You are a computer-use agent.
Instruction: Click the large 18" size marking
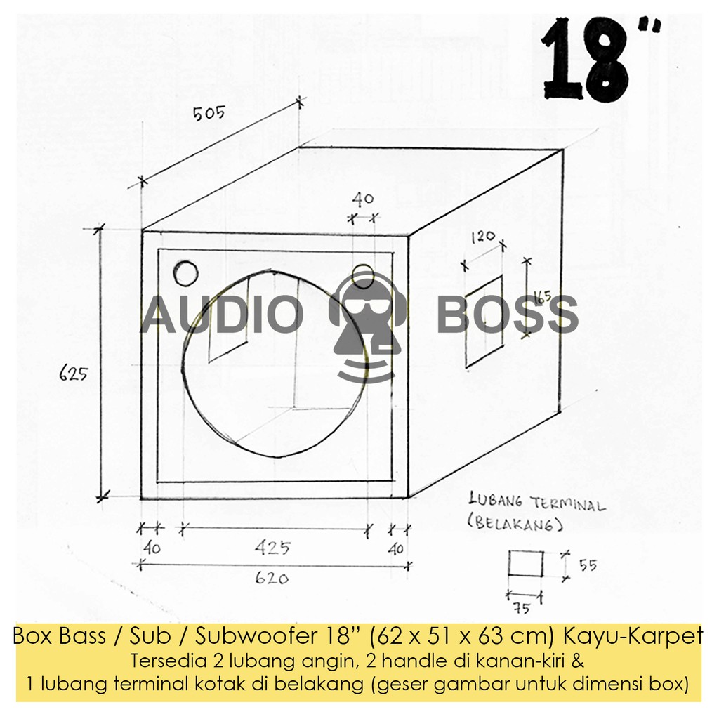(x=601, y=60)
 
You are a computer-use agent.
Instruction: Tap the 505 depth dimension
(x=209, y=113)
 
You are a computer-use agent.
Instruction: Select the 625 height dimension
(x=73, y=374)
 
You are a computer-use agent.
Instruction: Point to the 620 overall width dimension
(x=272, y=579)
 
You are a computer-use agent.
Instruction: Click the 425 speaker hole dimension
(x=273, y=548)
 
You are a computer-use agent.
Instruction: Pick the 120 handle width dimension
(x=483, y=237)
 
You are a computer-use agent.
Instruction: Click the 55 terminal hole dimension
(x=588, y=565)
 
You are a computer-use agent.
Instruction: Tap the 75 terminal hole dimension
(x=522, y=609)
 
